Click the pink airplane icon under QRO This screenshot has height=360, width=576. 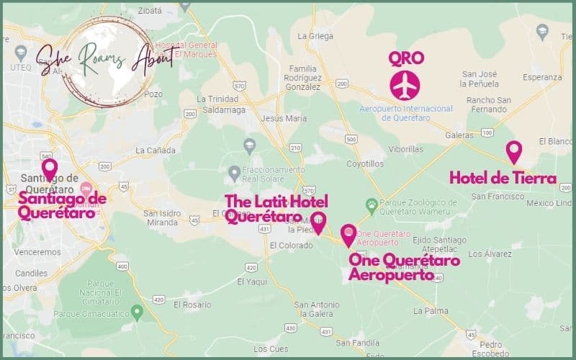click(x=404, y=85)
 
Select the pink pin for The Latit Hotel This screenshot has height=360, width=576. click(x=318, y=222)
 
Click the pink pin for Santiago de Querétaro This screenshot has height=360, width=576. click(x=49, y=169)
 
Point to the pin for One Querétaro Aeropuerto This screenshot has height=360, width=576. click(x=348, y=235)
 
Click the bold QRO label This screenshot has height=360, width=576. click(x=405, y=58)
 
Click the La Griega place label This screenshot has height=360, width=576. click(x=312, y=35)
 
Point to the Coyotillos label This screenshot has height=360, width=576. click(x=364, y=163)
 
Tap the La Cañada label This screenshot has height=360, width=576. click(x=152, y=151)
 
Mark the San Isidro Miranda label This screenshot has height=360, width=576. click(x=161, y=217)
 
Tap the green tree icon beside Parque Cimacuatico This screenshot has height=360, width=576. click(x=137, y=310)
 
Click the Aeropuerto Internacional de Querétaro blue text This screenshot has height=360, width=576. click(x=406, y=112)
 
